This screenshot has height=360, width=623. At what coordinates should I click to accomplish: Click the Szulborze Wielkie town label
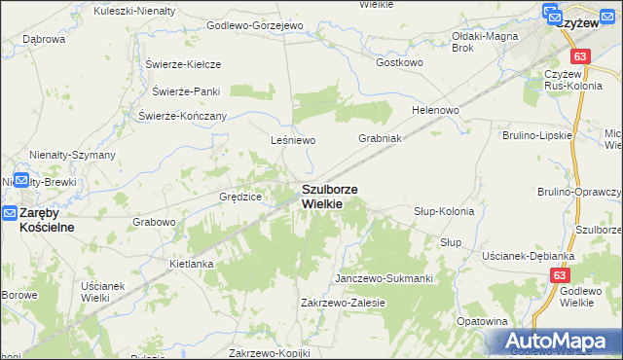pos(329,197)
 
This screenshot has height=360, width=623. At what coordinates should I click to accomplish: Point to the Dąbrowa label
pos(43,40)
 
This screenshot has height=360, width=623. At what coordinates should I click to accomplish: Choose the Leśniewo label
pos(294,140)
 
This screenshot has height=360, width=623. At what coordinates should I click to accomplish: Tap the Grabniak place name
pos(380,138)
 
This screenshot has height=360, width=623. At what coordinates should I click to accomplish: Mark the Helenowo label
pos(435,110)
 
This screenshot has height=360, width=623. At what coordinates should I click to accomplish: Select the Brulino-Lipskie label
pos(535,135)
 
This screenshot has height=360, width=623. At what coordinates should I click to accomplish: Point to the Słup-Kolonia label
pos(443,211)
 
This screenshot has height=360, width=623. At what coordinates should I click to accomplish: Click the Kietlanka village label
pos(191,264)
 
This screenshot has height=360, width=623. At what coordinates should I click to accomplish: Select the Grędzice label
pos(240,197)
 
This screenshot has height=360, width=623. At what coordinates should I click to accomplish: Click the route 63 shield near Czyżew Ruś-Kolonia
pos(580,57)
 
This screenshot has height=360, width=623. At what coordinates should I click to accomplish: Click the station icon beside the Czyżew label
pos(551,15)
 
